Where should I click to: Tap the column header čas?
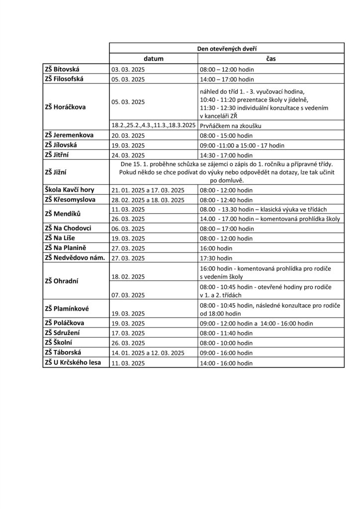click(270, 59)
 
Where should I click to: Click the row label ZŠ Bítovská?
click(66, 70)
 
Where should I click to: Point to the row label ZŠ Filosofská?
click(69, 79)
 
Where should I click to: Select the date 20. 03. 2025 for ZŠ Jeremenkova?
click(128, 136)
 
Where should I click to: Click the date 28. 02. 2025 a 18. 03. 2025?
click(148, 199)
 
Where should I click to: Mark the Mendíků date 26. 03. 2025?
click(128, 218)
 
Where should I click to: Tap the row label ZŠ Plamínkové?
click(67, 309)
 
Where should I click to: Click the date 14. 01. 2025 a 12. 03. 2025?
click(148, 353)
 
